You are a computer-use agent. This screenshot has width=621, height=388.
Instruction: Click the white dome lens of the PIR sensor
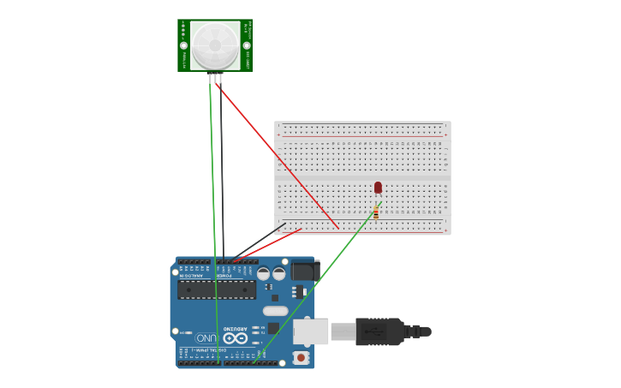click(215, 45)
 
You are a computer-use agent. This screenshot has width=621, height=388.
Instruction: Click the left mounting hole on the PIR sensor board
click(183, 45)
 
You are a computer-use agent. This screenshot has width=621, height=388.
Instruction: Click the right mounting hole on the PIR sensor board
click(247, 45)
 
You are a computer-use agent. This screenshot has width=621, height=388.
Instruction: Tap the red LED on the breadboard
click(378, 188)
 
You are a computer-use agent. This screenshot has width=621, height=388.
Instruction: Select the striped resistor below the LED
click(376, 212)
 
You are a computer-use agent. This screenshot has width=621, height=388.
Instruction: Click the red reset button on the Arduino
click(301, 356)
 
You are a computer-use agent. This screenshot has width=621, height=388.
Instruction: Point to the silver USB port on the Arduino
click(311, 331)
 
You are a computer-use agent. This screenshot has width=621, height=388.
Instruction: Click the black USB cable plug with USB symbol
click(379, 331)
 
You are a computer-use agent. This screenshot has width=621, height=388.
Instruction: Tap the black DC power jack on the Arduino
click(304, 271)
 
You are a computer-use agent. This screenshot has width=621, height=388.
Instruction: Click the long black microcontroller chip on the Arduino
click(217, 290)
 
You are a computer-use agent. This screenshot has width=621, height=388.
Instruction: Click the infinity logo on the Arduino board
click(236, 337)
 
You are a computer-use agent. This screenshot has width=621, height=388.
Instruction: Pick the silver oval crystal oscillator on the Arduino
click(276, 311)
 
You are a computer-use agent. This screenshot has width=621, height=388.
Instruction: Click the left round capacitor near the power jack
click(264, 274)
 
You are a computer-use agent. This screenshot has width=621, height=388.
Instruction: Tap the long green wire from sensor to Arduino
click(213, 214)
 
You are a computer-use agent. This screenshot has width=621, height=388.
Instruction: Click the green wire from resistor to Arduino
click(317, 283)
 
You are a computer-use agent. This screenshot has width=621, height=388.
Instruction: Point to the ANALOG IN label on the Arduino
click(195, 276)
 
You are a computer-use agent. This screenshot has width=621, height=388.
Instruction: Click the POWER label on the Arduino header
click(224, 276)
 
